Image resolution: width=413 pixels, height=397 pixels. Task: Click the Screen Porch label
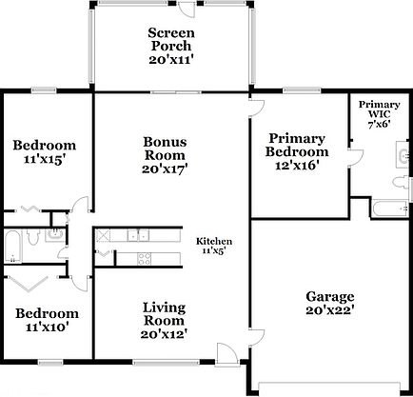170,46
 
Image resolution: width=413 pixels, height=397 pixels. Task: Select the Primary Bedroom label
298,151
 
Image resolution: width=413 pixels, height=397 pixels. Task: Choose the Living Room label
165,320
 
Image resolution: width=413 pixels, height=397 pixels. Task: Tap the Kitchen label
215,247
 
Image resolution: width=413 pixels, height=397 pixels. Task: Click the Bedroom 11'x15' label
45,152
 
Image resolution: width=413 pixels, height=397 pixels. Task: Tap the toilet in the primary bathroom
399,180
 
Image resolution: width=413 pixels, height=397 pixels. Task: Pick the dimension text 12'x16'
298,165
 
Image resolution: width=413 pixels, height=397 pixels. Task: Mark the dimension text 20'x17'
165,169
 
